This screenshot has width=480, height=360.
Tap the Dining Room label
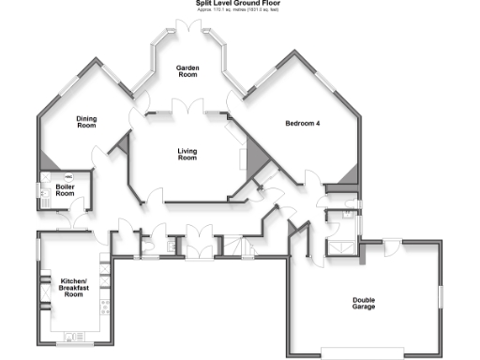click(x=87, y=121)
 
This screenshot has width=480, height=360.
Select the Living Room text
click(x=187, y=154)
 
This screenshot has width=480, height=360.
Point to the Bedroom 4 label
click(x=304, y=123)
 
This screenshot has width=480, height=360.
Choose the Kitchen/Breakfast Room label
click(x=74, y=288)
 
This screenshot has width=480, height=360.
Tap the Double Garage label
click(x=364, y=303)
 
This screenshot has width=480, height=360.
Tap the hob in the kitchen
click(x=105, y=306)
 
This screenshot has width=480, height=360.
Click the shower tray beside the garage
click(x=341, y=247)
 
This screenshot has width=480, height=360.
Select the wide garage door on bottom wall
click(x=362, y=353)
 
